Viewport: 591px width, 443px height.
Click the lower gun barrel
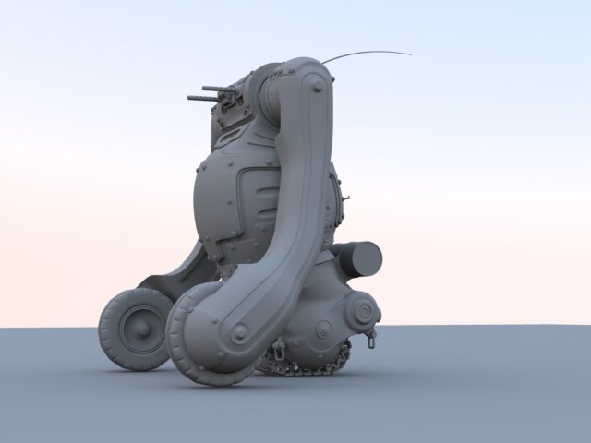[x=201, y=97]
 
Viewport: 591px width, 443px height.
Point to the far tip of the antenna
[x=411, y=54]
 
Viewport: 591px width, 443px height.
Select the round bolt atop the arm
[x=317, y=85]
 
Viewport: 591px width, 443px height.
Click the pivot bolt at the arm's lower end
[x=239, y=331]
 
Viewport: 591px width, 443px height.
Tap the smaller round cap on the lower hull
[x=324, y=329]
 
